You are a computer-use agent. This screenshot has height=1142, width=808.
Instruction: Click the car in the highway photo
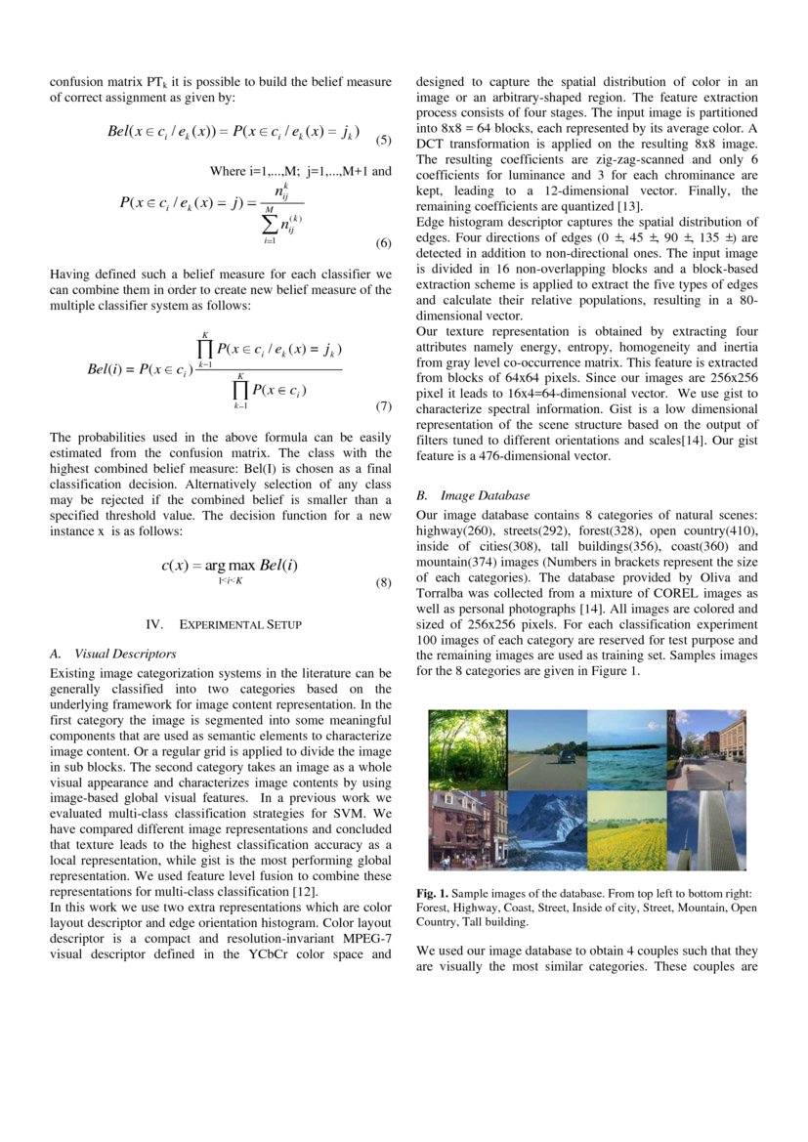click(566, 757)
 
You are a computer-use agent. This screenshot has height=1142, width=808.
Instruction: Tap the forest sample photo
click(467, 749)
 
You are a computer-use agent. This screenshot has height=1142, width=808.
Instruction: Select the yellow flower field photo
click(626, 829)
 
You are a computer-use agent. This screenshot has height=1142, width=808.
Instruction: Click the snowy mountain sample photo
click(547, 829)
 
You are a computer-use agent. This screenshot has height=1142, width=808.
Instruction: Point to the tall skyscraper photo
click(705, 829)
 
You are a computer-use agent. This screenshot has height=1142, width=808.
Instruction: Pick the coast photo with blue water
click(626, 749)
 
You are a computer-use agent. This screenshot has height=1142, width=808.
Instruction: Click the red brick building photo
click(467, 829)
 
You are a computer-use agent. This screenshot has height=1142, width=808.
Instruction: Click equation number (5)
click(383, 140)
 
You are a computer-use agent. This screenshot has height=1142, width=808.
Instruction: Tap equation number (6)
click(383, 242)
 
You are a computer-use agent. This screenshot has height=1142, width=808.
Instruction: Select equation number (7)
click(383, 405)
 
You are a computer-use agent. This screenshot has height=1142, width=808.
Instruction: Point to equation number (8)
click(383, 583)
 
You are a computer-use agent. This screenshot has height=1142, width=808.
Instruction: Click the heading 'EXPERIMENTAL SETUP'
click(239, 624)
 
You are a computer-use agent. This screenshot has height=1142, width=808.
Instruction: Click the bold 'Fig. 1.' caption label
click(431, 894)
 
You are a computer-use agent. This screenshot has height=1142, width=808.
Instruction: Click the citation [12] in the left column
click(305, 891)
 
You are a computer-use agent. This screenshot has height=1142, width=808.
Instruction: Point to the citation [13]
click(627, 206)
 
